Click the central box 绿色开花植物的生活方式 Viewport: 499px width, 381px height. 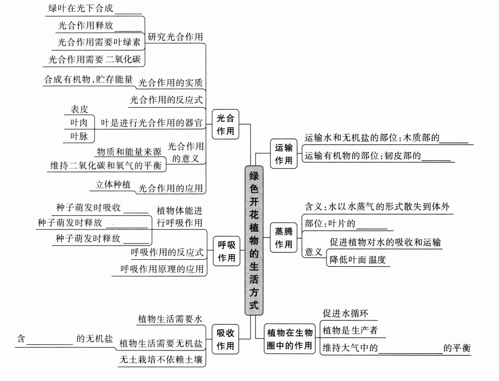254,240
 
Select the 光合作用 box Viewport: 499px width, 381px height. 225,124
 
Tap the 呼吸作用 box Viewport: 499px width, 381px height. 227,251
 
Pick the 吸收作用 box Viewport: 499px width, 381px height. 225,339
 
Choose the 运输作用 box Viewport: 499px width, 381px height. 284,154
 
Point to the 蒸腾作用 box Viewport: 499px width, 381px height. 283,238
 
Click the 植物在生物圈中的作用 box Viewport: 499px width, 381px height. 290,339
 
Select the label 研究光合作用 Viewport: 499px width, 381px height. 175,37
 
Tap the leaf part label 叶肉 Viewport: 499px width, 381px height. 79,122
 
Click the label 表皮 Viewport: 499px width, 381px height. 79,109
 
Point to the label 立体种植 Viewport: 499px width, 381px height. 113,185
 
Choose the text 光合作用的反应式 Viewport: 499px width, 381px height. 166,100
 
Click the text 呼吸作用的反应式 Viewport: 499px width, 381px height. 167,252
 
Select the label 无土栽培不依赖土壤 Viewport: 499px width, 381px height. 161,360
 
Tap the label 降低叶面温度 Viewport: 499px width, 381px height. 358,260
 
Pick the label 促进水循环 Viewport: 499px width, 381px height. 345,313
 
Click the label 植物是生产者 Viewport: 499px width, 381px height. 350,330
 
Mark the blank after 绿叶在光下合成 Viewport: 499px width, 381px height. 128,11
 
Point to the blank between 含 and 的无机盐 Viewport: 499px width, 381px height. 50,341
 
